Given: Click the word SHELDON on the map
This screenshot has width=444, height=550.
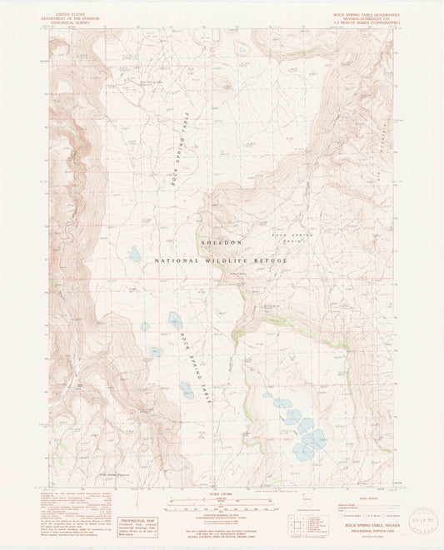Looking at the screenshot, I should coord(222,242).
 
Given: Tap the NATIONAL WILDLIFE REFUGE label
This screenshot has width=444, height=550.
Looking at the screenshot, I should coord(221,260).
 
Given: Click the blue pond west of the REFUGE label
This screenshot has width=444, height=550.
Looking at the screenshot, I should coord(135,255).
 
